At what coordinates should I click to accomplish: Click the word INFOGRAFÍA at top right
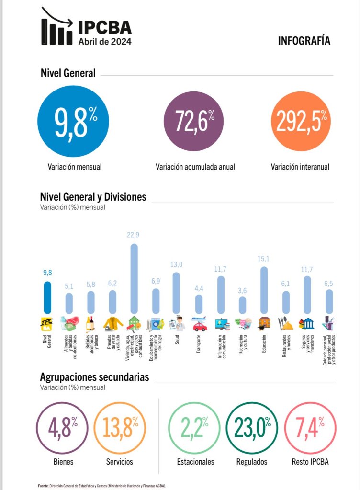(x=304, y=41)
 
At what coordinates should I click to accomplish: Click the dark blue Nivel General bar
(x=47, y=297)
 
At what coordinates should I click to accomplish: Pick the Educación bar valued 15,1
(x=264, y=290)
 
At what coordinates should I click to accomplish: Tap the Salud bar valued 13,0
(x=176, y=293)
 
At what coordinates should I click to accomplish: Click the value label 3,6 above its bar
(x=242, y=290)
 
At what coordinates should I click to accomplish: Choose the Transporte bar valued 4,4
(x=199, y=304)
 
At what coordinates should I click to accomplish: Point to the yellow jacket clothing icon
(x=113, y=324)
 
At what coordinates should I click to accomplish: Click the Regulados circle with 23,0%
(x=252, y=428)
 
